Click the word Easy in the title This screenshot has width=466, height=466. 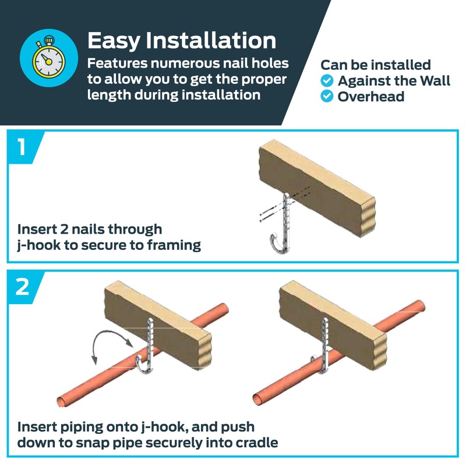click(114, 41)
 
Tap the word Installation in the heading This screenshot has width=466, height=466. click(211, 40)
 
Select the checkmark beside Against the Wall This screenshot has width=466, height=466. click(327, 80)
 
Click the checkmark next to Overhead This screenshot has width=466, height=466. click(327, 96)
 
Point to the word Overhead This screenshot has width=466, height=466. click(371, 96)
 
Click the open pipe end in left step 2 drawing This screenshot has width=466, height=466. click(62, 402)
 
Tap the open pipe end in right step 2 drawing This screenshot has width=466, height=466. click(257, 399)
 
